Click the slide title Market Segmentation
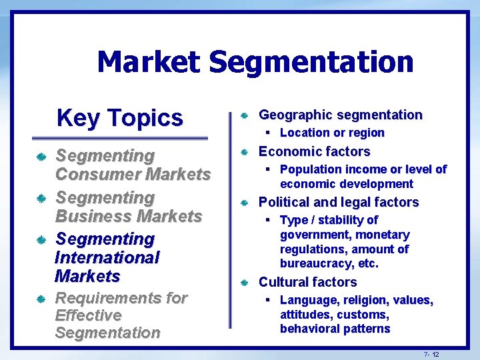255,62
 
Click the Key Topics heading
119,117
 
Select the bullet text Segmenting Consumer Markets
133,165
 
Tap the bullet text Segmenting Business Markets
128,207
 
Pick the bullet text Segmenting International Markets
107,257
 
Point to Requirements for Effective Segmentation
121,315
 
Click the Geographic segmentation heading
340,115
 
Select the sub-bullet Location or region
332,133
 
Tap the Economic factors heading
314,151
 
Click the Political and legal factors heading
339,202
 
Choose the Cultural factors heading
307,282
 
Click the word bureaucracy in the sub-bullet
315,263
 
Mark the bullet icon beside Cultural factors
244,283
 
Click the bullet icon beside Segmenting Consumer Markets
41,157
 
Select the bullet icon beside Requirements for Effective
41,299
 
